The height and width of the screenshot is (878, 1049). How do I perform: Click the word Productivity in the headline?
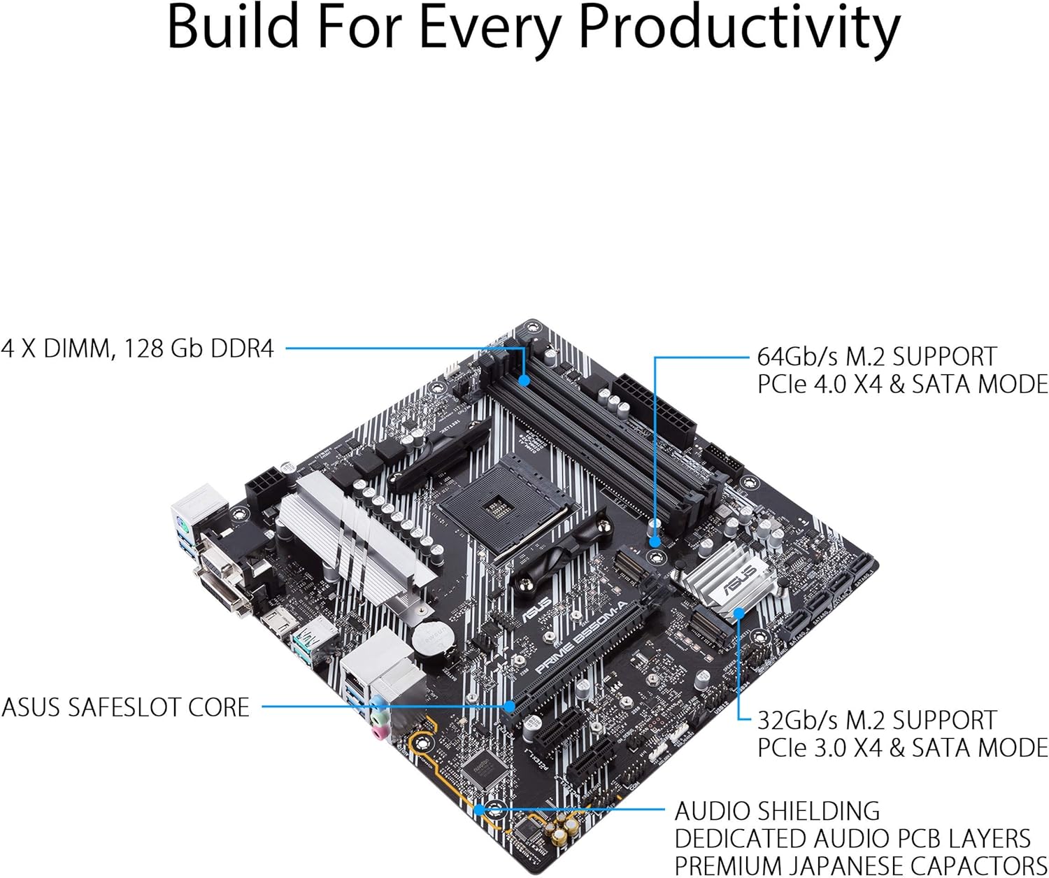[x=739, y=28]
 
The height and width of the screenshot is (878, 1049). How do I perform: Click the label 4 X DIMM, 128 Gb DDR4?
[x=138, y=348]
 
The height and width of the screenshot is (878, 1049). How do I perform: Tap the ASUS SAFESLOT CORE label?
[x=125, y=707]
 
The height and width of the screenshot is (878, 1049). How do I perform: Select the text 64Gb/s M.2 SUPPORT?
[x=876, y=356]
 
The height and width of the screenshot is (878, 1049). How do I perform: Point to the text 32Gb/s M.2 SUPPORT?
[x=876, y=720]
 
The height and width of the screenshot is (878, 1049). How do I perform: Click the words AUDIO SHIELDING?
[x=777, y=811]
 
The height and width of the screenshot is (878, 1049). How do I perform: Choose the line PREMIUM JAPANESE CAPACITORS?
[x=860, y=865]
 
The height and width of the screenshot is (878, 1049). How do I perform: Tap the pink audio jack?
[x=378, y=731]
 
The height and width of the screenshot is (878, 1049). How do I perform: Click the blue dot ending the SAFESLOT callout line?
[x=510, y=707]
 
